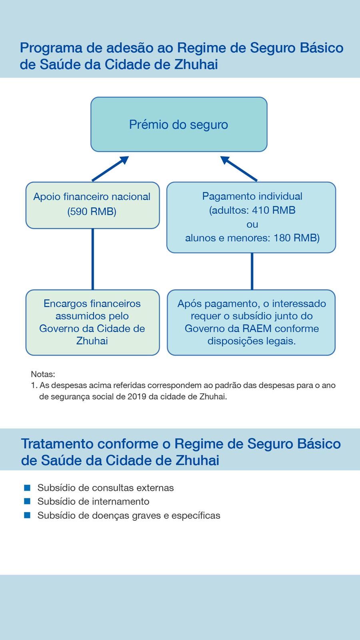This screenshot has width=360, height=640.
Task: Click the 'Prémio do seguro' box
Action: pos(178,124)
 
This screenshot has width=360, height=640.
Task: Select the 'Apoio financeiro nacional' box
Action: pos(92,205)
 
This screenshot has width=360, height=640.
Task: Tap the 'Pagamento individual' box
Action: pos(251,217)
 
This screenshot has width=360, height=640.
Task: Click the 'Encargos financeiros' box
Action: pos(92,322)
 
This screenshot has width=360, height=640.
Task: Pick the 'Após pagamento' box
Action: pos(251,322)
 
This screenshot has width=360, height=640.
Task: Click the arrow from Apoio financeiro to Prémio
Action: pos(110,169)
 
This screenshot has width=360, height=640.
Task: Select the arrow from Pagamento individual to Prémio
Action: pos(239,169)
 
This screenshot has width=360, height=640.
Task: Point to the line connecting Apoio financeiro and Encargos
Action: pos(93,259)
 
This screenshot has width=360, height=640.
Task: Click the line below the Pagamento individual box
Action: pos(252,271)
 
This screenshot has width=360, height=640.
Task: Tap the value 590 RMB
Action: pos(92,212)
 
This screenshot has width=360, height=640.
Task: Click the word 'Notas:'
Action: pos(43,374)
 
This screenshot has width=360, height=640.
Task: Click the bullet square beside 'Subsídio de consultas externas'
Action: pos(27,488)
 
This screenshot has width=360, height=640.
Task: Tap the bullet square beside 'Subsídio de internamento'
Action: pos(27,501)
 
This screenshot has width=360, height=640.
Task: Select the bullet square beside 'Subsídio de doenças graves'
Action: pos(27,515)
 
